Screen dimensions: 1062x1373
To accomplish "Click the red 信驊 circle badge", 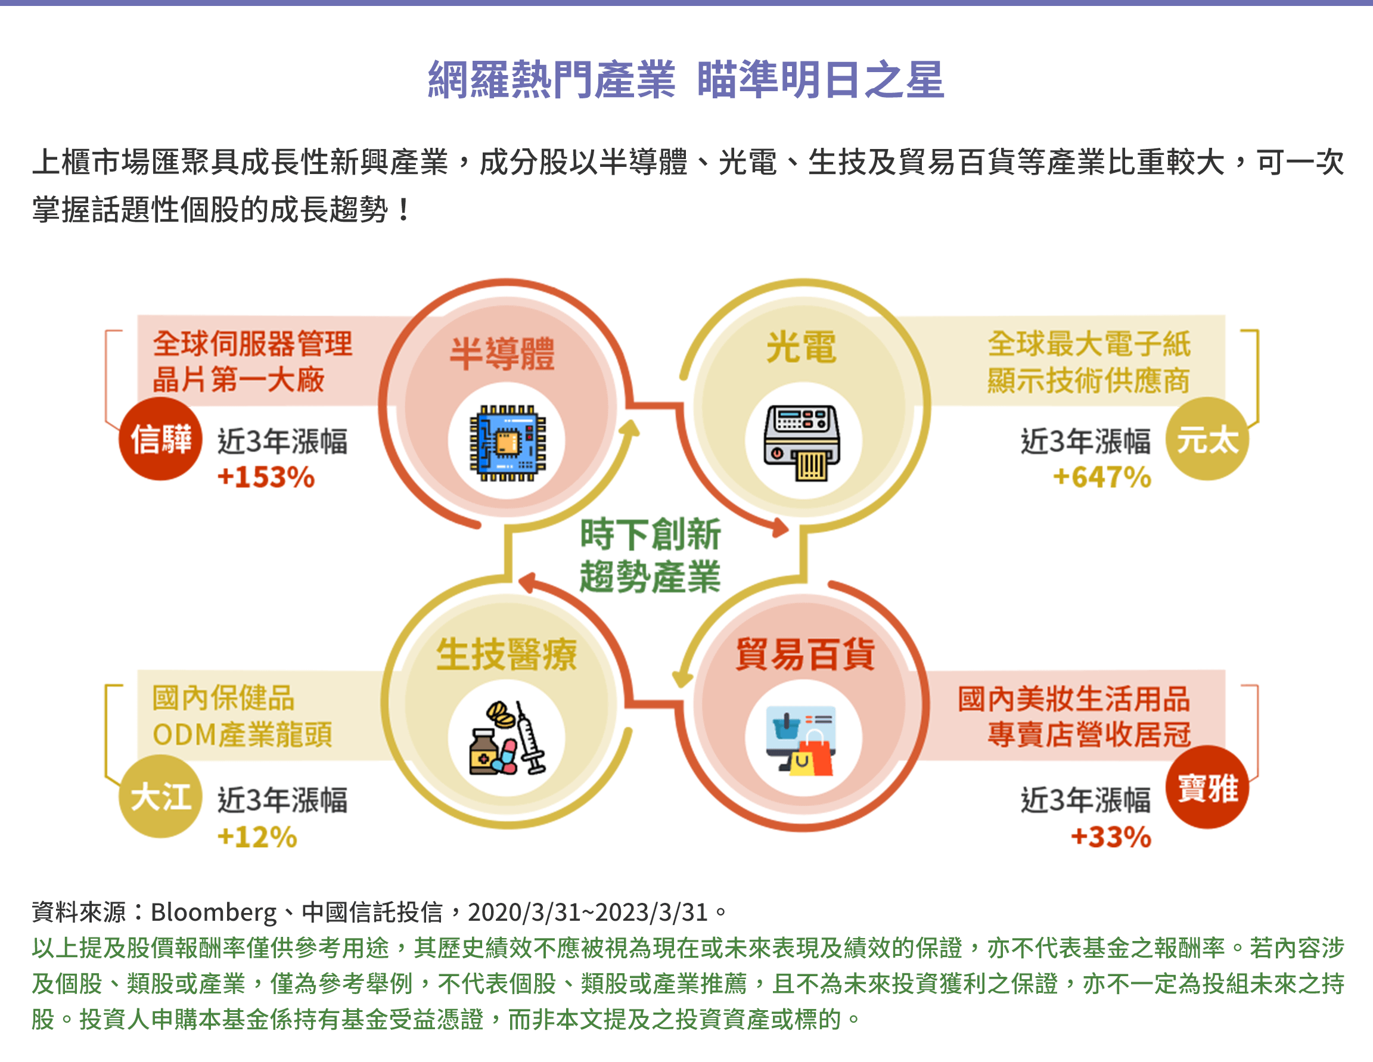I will pyautogui.click(x=160, y=438).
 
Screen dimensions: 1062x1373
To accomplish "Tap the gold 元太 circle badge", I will pyautogui.click(x=1206, y=438).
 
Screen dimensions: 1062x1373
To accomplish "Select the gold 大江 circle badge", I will pyautogui.click(x=160, y=797).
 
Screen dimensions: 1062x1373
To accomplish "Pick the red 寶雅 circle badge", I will pyautogui.click(x=1206, y=787).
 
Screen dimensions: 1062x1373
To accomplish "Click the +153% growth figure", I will pyautogui.click(x=266, y=477).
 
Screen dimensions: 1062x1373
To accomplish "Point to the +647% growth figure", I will pyautogui.click(x=1101, y=477).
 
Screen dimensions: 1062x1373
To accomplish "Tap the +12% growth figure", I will pyautogui.click(x=257, y=837).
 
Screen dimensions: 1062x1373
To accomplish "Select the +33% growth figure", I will pyautogui.click(x=1110, y=837).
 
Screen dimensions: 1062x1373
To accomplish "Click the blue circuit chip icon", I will pyautogui.click(x=507, y=443).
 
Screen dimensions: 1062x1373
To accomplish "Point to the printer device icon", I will pyautogui.click(x=802, y=443).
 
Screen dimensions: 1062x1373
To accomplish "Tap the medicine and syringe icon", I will pyautogui.click(x=507, y=738).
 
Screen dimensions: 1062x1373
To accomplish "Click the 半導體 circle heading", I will pyautogui.click(x=502, y=353).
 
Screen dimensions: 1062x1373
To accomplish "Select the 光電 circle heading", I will pyautogui.click(x=802, y=347).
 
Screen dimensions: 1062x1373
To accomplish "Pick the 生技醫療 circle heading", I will pyautogui.click(x=507, y=654).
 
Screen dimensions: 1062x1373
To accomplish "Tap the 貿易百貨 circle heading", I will pyautogui.click(x=804, y=654).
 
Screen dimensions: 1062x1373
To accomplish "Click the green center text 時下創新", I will pyautogui.click(x=650, y=535).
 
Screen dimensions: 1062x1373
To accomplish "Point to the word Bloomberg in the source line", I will pyautogui.click(x=213, y=912).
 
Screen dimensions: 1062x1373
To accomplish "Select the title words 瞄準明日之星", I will pyautogui.click(x=820, y=80).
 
